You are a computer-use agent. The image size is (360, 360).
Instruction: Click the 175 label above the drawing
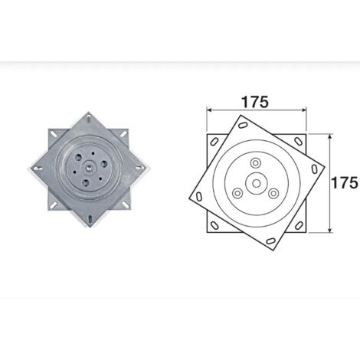point(255,102)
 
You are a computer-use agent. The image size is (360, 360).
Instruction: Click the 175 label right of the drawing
point(345,183)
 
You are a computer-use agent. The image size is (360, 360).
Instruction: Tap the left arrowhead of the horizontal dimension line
point(209,110)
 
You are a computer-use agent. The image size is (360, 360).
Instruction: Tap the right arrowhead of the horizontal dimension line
point(303,110)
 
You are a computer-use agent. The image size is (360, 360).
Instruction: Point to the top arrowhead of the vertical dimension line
point(330,137)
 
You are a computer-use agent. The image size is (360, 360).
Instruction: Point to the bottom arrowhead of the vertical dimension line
point(330,230)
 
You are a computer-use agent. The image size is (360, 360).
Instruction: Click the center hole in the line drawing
point(257,183)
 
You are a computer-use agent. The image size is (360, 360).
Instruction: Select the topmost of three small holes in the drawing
point(255,162)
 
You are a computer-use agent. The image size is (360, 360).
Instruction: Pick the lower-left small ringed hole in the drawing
point(238,193)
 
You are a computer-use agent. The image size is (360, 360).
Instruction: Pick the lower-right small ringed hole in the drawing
point(273,193)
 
